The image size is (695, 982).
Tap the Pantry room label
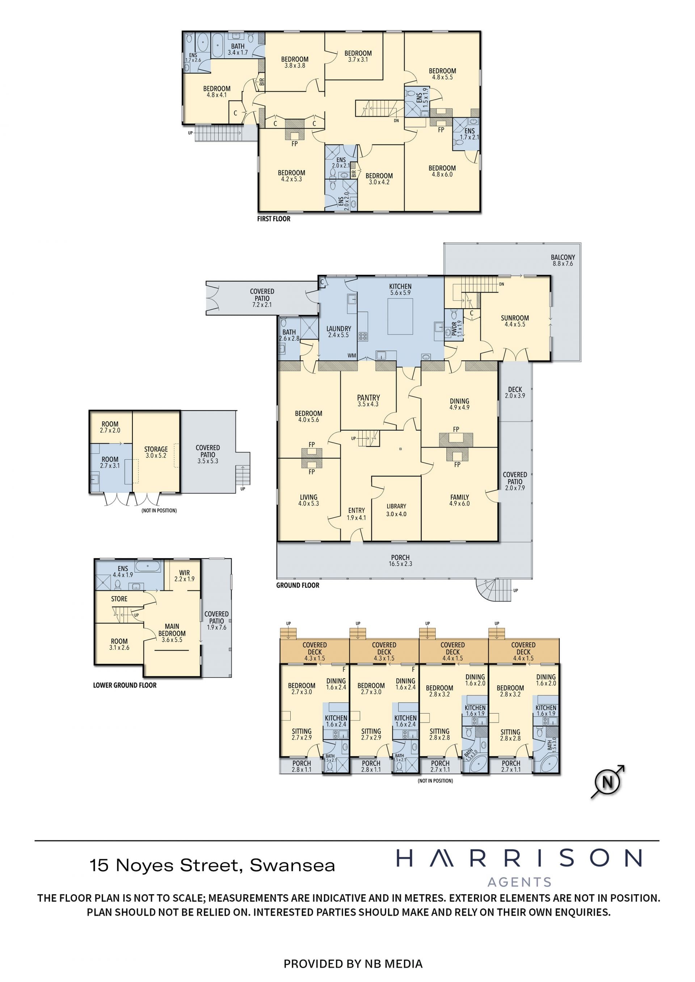(x=368, y=401)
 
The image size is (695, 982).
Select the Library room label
(x=396, y=510)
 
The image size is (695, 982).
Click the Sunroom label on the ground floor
(x=515, y=321)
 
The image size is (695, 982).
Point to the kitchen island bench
(x=400, y=316)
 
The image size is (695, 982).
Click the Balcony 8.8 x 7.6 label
(x=563, y=260)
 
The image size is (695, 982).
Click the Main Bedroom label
(x=172, y=633)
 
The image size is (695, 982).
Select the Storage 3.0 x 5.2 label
(x=156, y=452)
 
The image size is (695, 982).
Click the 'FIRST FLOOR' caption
(x=273, y=219)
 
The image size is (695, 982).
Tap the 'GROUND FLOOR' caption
(x=298, y=586)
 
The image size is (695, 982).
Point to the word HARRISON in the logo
(x=519, y=858)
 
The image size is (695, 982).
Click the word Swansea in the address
(x=292, y=865)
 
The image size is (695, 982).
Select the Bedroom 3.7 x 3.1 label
(x=358, y=56)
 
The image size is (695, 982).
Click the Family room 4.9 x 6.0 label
(x=459, y=501)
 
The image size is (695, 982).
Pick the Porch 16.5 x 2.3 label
(x=400, y=561)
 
